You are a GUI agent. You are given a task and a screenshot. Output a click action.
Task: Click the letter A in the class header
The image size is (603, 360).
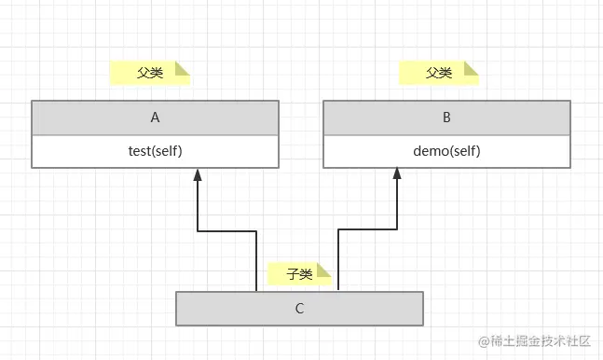pyautogui.click(x=155, y=118)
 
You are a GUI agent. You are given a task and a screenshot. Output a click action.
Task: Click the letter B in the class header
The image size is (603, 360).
pyautogui.click(x=446, y=118)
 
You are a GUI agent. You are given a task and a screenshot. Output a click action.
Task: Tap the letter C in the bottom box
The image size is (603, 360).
pyautogui.click(x=299, y=308)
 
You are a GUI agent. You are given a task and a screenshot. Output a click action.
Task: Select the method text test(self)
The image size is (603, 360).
pyautogui.click(x=155, y=151)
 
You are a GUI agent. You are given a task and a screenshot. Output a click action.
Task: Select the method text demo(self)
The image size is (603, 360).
pyautogui.click(x=446, y=151)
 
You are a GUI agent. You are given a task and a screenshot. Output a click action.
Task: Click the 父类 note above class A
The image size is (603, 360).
pyautogui.click(x=150, y=73)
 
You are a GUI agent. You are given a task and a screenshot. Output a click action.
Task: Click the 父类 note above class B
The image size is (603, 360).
pyautogui.click(x=439, y=73)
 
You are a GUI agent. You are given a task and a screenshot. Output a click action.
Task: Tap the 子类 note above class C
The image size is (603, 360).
pyautogui.click(x=299, y=273)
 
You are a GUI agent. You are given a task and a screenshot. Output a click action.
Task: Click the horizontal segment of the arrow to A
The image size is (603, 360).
pyautogui.click(x=226, y=231)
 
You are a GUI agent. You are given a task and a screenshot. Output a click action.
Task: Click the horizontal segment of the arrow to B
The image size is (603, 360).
pyautogui.click(x=367, y=231)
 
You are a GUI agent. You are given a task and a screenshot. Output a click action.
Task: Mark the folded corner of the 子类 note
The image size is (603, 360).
pyautogui.click(x=324, y=270)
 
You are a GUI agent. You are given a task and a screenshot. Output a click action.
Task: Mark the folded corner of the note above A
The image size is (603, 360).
pyautogui.click(x=183, y=68)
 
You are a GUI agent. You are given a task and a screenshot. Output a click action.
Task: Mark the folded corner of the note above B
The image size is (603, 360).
pyautogui.click(x=472, y=68)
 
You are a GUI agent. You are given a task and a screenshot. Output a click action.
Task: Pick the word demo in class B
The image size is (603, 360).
pyautogui.click(x=430, y=151)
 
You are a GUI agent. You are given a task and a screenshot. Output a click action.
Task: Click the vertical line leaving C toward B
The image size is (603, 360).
pyautogui.click(x=337, y=266)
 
